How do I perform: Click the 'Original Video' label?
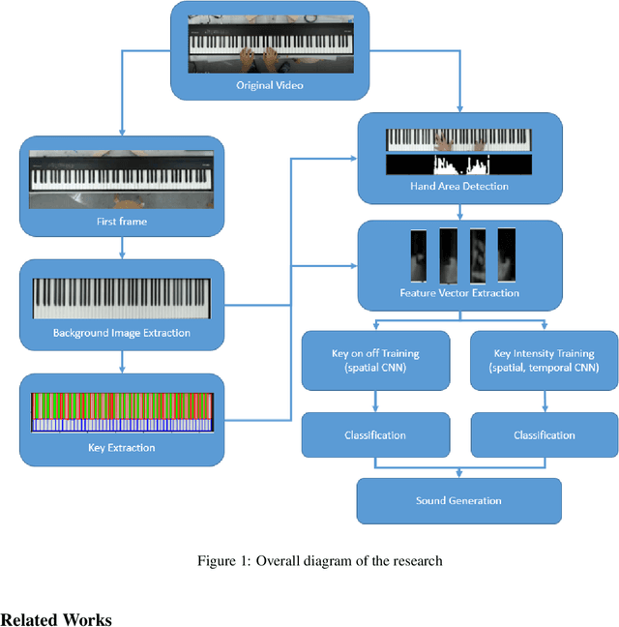pos(270,85)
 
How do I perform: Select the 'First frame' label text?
pos(121,221)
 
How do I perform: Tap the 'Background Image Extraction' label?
pos(121,334)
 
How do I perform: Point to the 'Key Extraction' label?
pos(121,447)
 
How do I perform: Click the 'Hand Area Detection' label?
pos(459,186)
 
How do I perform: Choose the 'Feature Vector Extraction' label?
pos(459,293)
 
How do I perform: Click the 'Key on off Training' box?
pos(375,360)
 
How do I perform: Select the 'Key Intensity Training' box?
pos(544,360)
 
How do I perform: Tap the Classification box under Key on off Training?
pos(375,434)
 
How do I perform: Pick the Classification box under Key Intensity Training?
pos(544,434)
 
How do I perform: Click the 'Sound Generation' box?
pos(459,500)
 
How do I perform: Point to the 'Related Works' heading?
pos(56,619)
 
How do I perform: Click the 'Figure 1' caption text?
pos(319,561)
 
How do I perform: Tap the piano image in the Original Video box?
pos(270,44)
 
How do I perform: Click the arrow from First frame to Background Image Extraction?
pos(121,250)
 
